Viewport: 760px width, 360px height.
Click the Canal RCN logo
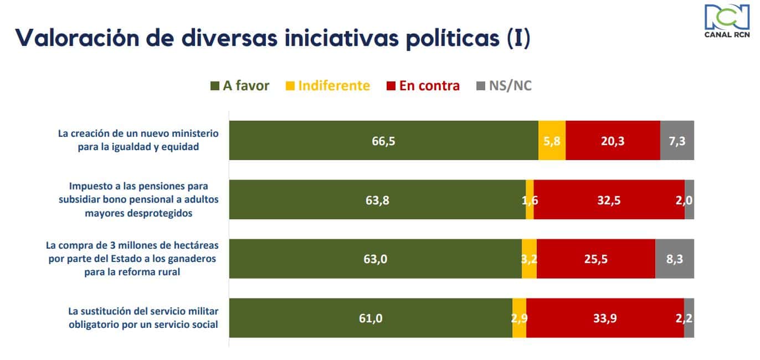726,22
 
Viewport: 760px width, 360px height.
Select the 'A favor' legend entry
240,86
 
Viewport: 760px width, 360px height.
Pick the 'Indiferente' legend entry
328,86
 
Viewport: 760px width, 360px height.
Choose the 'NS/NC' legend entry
504,86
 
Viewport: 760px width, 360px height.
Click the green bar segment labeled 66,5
383,141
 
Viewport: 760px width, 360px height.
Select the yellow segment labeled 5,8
552,141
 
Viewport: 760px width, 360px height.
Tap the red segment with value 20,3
613,141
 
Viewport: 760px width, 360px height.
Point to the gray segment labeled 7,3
677,141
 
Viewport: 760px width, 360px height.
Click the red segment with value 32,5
609,200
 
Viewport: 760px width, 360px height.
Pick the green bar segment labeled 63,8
377,200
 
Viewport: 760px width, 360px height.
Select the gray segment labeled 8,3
674,259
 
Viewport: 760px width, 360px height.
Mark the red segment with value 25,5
595,259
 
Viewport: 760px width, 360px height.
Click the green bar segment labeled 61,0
371,318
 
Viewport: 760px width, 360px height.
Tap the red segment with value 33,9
605,318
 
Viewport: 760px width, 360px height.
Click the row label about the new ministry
138,140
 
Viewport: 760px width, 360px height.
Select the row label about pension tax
138,199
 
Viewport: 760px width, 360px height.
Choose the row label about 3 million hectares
133,259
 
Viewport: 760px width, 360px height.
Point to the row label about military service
142,318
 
